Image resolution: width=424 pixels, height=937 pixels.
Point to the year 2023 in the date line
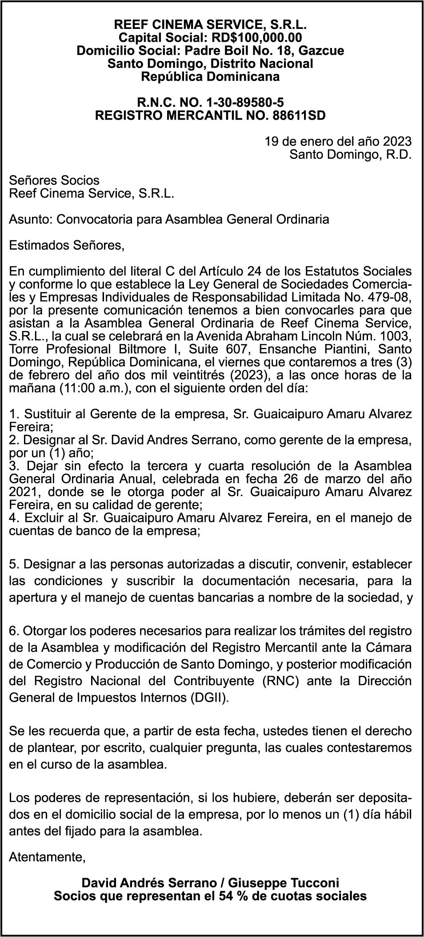pos(396,141)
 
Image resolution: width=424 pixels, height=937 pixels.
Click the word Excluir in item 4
pos(46,517)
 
